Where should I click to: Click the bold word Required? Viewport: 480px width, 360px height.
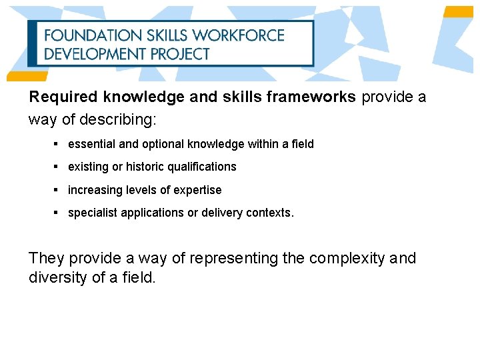click(64, 97)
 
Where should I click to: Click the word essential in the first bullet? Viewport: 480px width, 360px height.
click(90, 144)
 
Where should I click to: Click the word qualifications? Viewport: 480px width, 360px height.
click(204, 167)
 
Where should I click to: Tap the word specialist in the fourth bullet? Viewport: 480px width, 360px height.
click(93, 213)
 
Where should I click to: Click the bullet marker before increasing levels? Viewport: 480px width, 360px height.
click(57, 190)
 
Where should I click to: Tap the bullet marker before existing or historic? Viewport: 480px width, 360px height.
click(57, 167)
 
